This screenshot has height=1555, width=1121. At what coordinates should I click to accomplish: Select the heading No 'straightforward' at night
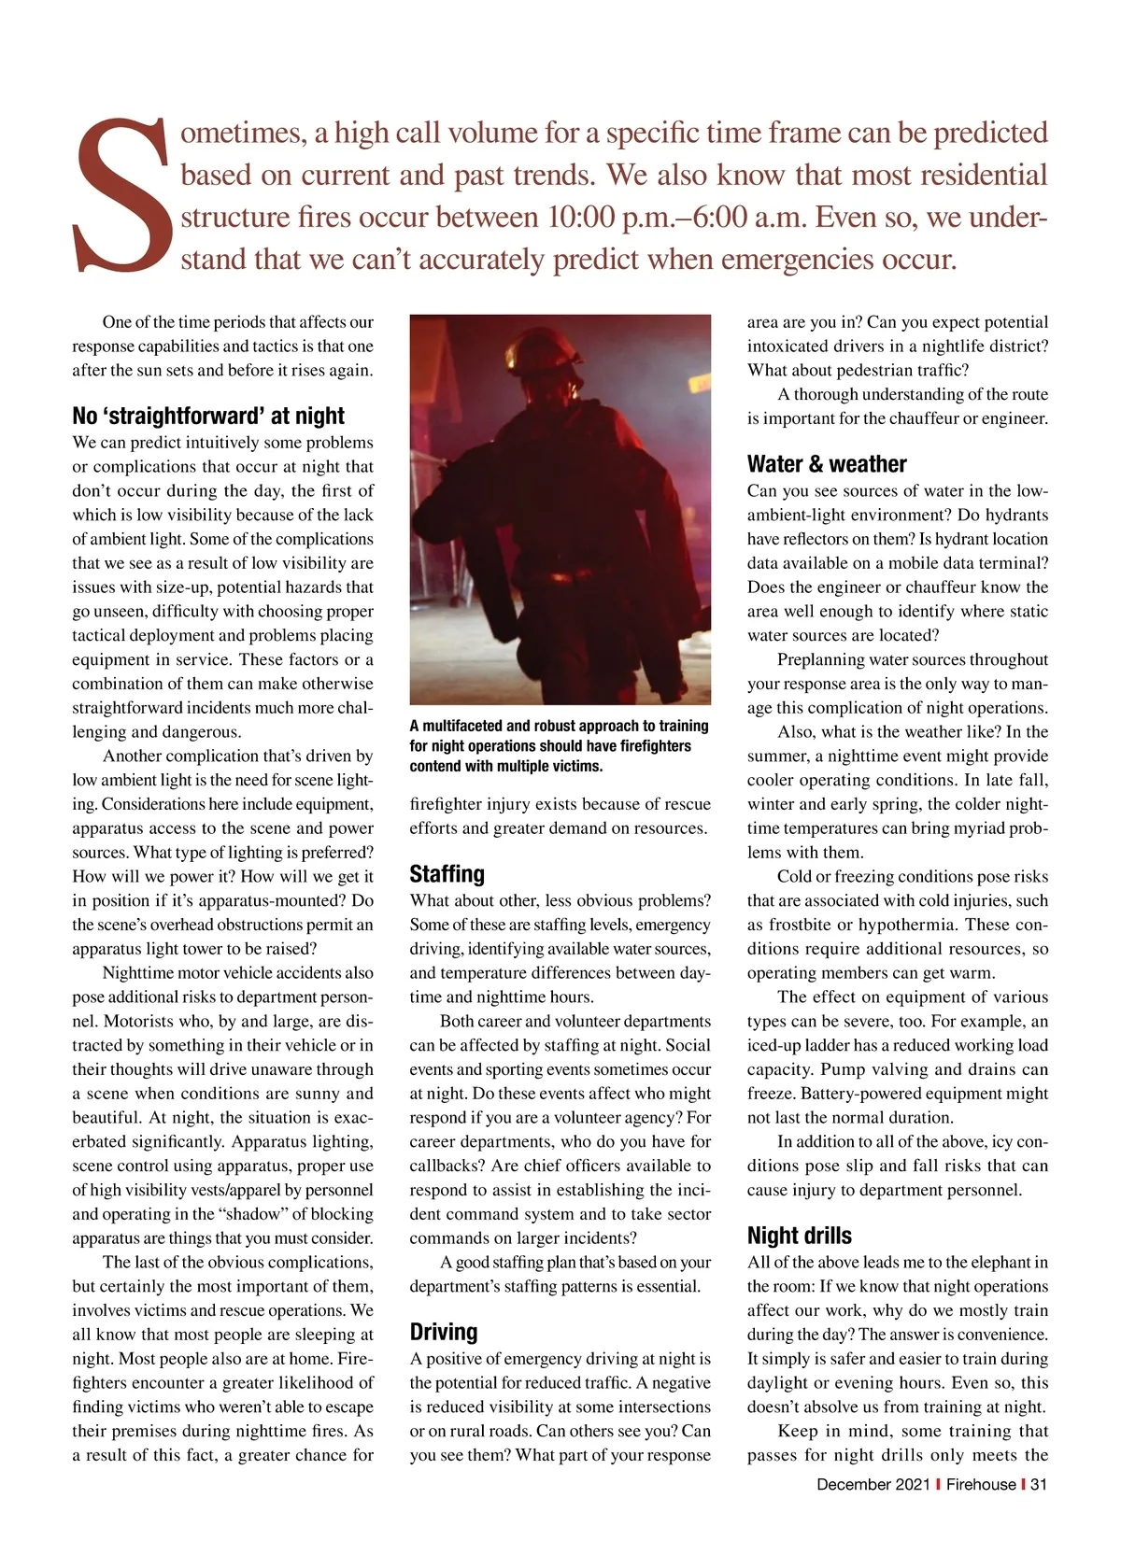coord(208,416)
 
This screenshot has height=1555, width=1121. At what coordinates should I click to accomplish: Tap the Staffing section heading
coord(447,874)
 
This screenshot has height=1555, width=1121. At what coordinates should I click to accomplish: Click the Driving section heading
coord(444,1332)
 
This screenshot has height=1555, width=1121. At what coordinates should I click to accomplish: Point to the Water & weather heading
coord(827,464)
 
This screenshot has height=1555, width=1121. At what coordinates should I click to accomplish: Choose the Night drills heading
coord(800,1236)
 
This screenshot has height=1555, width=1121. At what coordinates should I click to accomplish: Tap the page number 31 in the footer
coord(1038,1484)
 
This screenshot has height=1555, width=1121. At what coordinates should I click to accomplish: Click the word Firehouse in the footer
coord(981,1484)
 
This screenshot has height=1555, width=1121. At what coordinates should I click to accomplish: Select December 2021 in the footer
coord(873,1484)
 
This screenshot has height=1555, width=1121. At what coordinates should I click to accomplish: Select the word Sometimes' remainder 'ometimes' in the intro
coord(241,134)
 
